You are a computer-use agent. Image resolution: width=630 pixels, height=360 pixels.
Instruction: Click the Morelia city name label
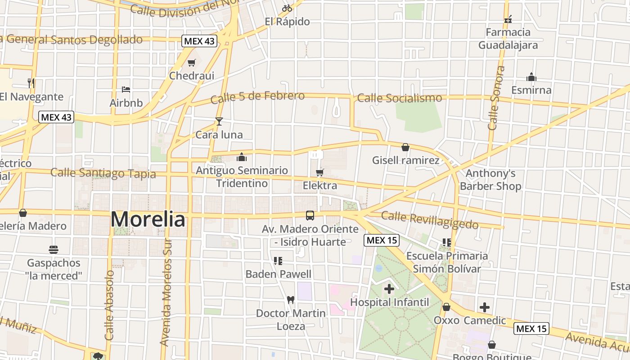(148, 220)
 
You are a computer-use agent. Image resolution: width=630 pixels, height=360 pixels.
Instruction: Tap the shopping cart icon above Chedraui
(192, 63)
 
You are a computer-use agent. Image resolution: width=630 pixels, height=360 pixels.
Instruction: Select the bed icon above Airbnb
(126, 90)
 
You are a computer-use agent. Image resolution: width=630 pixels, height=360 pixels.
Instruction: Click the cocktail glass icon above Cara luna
(219, 121)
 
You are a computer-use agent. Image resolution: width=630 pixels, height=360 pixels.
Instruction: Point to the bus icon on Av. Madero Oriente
(310, 216)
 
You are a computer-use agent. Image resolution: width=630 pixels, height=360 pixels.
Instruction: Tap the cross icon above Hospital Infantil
(389, 289)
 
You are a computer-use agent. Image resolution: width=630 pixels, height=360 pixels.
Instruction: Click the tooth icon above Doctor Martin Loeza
(291, 300)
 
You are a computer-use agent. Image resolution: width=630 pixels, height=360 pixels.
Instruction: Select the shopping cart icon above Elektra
(320, 172)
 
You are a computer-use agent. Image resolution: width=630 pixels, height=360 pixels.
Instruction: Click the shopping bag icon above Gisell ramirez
(405, 147)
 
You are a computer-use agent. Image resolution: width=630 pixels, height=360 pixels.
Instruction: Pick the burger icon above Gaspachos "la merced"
(54, 249)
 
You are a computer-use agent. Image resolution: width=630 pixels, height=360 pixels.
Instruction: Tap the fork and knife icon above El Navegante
(31, 83)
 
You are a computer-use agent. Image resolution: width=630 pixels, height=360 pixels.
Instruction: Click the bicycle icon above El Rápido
(287, 8)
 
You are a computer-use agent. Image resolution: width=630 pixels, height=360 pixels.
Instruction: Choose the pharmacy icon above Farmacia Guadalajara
(508, 19)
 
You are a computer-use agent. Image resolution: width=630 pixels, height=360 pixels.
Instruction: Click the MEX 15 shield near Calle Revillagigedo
(382, 240)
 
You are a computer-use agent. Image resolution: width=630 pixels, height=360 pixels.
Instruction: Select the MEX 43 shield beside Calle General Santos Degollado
(199, 41)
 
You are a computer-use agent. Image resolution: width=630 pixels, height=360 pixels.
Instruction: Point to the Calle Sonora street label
(495, 98)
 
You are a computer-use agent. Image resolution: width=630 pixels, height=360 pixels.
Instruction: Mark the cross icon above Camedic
(485, 307)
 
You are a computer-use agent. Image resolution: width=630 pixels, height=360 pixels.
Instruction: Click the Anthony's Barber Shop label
(490, 180)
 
